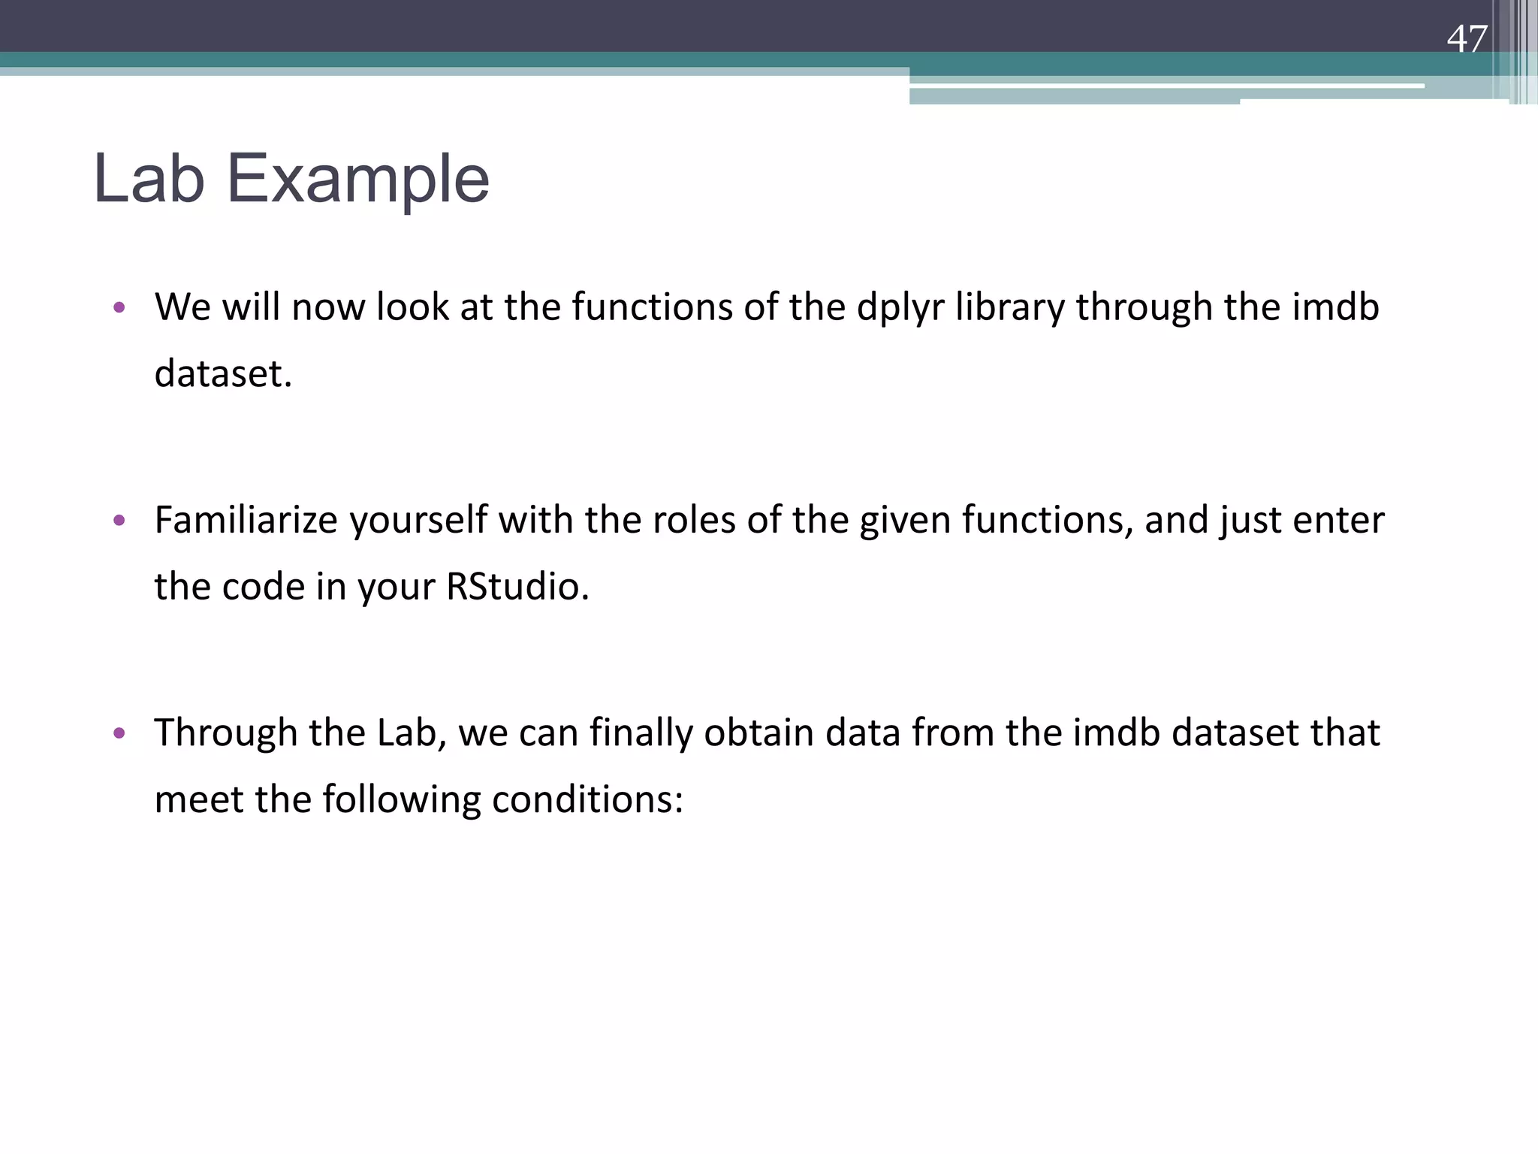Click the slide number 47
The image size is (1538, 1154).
(x=1467, y=39)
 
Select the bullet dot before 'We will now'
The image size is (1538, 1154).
(x=119, y=307)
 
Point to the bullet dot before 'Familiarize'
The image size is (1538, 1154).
(x=119, y=520)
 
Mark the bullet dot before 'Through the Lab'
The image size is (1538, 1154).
(x=119, y=733)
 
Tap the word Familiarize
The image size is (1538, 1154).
(x=246, y=520)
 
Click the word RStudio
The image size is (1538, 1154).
(x=517, y=587)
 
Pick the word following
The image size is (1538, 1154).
(x=402, y=799)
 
